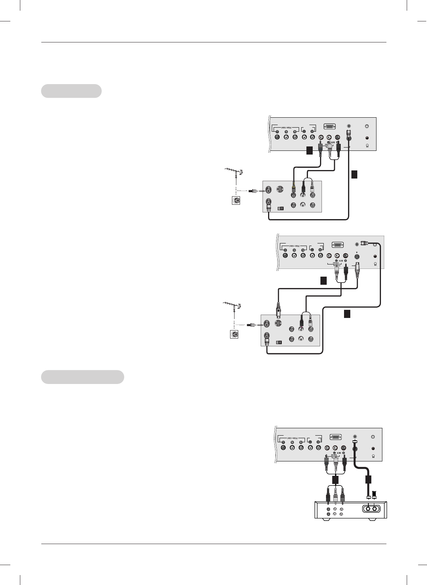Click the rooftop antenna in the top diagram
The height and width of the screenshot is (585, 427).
(x=233, y=172)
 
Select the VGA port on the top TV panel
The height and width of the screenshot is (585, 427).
(x=329, y=127)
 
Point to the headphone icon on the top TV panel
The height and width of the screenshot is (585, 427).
(x=367, y=145)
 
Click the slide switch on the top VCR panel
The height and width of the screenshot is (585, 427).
(x=281, y=208)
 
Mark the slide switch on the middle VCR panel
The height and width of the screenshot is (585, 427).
(x=278, y=342)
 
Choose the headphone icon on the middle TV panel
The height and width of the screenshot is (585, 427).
(x=375, y=264)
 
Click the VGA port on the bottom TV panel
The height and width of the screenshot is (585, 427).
(x=335, y=437)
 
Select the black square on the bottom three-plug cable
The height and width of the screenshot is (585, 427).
(x=335, y=480)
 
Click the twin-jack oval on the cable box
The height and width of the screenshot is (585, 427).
(x=371, y=508)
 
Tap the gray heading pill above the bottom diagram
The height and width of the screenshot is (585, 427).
(x=82, y=377)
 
